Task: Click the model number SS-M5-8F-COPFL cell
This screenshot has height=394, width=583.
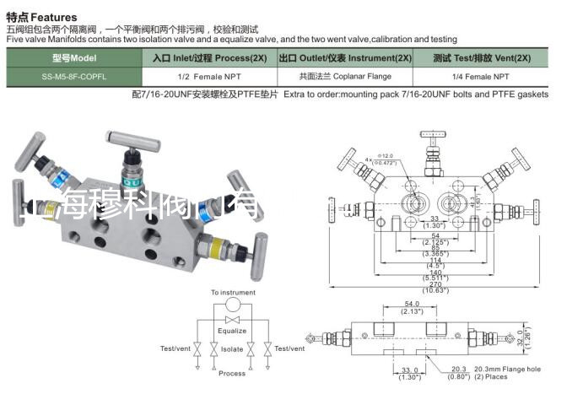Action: click(74, 76)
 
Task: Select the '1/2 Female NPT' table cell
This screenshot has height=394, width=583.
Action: click(208, 76)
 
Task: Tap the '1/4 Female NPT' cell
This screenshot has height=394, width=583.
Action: click(482, 76)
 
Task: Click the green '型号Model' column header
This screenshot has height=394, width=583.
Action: click(74, 59)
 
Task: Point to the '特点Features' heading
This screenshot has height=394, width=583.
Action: click(41, 17)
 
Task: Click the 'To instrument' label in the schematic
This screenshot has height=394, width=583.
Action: click(233, 293)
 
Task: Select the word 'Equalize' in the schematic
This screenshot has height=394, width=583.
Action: click(232, 332)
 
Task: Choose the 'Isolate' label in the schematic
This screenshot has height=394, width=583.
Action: click(232, 348)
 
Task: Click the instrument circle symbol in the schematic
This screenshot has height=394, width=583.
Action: click(232, 305)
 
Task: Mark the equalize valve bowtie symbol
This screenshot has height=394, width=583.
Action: click(232, 321)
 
